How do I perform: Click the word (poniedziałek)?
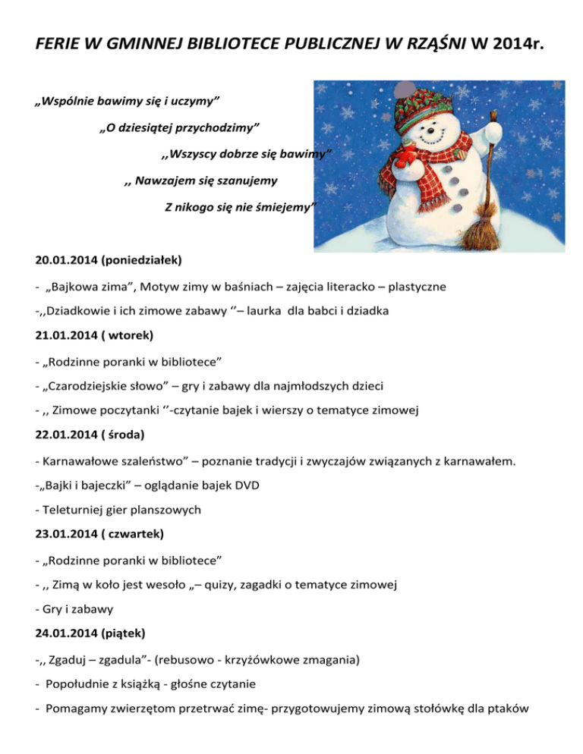[x=142, y=260]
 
